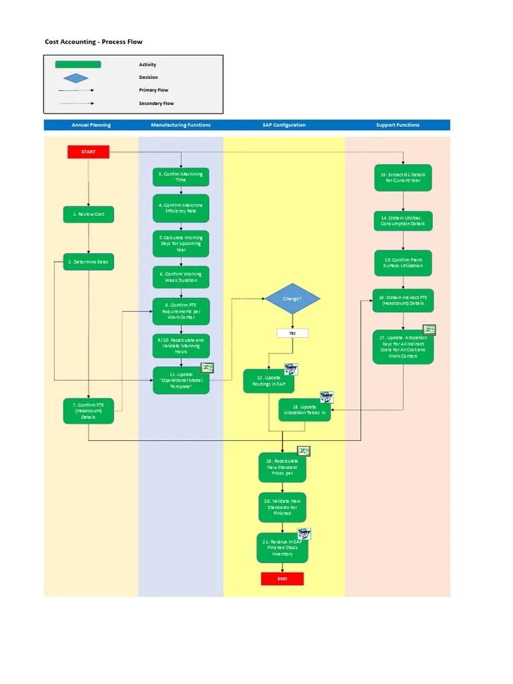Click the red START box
coord(88,152)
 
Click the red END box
coord(282,578)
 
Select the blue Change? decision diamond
coord(293,299)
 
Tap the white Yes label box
coord(293,333)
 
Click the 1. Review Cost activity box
coord(88,214)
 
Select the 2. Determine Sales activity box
coord(88,262)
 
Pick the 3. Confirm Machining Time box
coord(181,177)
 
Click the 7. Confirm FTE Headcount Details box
coord(88,411)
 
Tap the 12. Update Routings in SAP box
coord(268,381)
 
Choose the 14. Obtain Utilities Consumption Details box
coord(403,220)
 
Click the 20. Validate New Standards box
coord(282,508)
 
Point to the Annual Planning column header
coord(91,125)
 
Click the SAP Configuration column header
coord(284,125)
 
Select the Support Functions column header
coord(397,125)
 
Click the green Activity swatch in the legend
coord(77,65)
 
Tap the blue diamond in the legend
coord(77,77)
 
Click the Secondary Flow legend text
coord(156,104)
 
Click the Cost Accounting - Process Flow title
coord(94,41)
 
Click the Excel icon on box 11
coord(208,367)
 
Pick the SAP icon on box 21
coord(304,534)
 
